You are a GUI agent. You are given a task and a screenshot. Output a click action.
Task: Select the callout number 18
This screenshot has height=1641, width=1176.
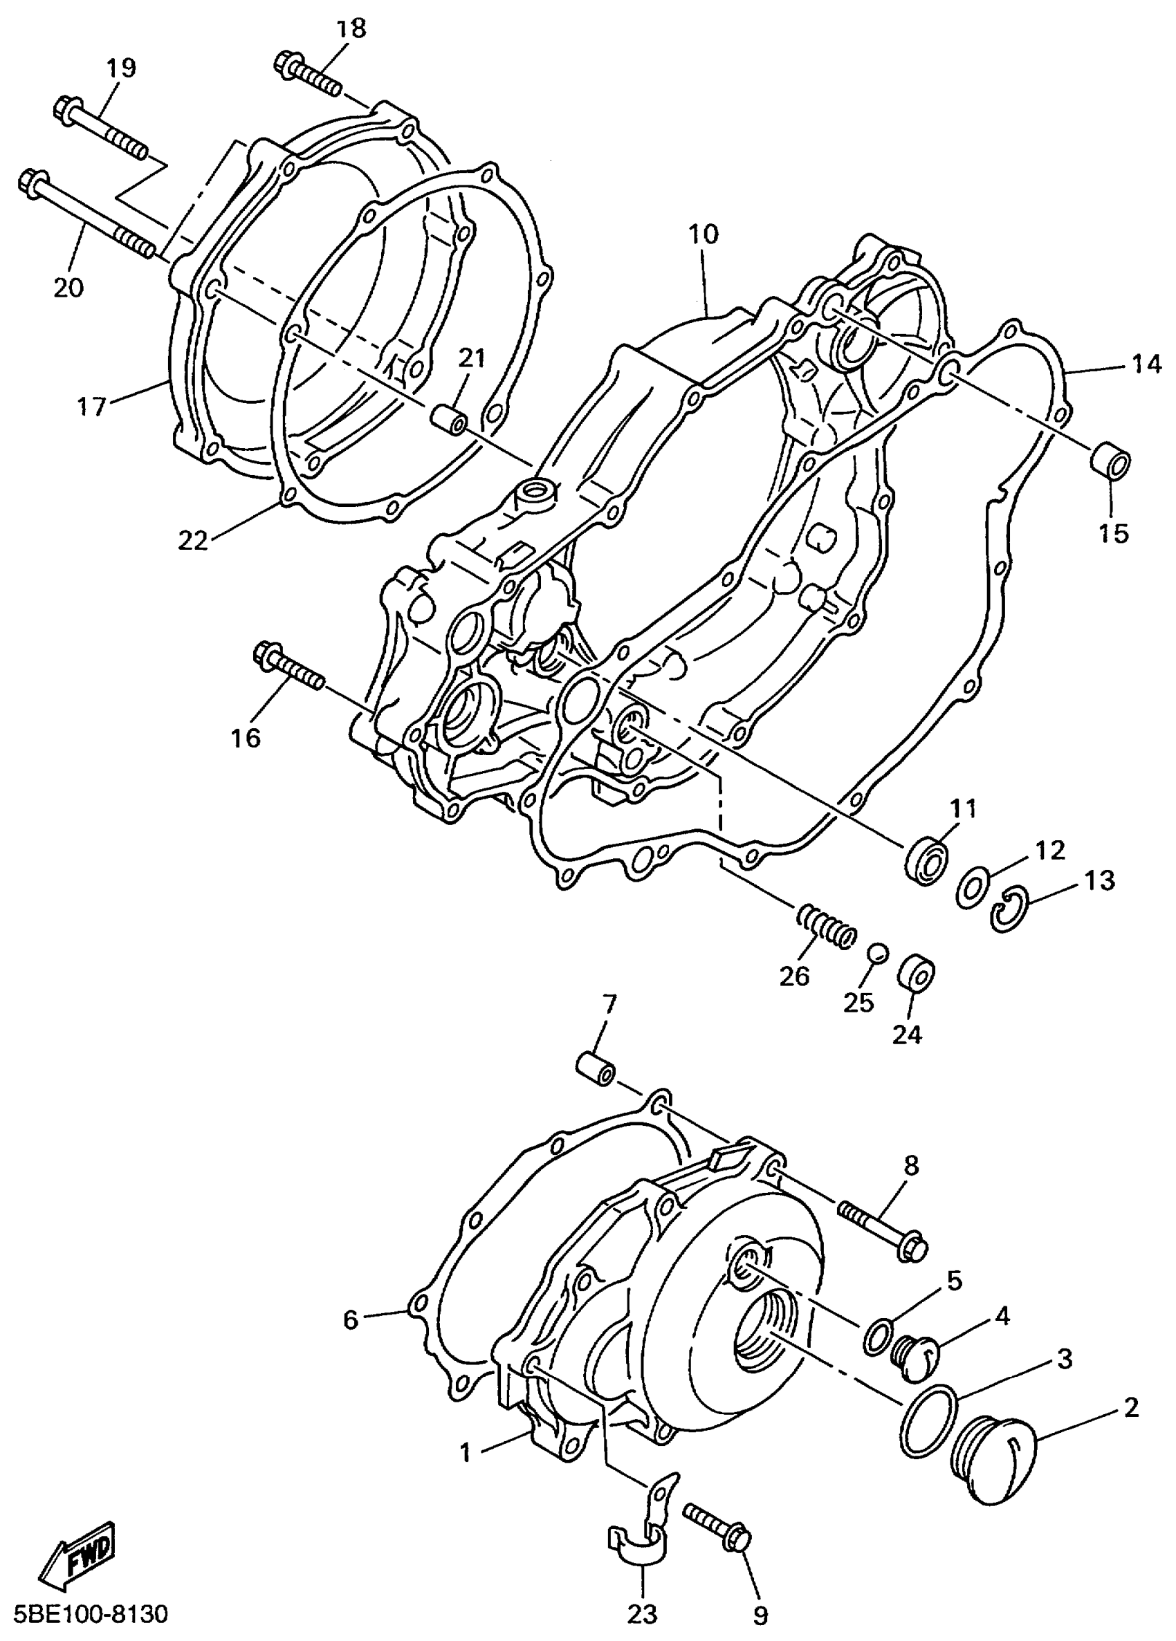(x=351, y=30)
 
